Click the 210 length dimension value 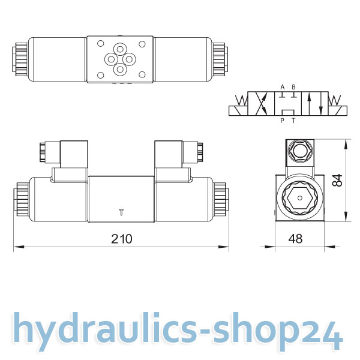tap(122, 239)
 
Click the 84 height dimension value tap(338, 180)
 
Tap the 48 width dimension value tap(295, 239)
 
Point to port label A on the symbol tap(283, 87)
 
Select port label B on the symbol tap(293, 87)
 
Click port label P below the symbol tap(282, 121)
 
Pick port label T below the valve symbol tap(293, 121)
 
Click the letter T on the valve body tap(121, 212)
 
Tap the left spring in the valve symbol tap(242, 100)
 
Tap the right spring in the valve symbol tap(335, 100)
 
